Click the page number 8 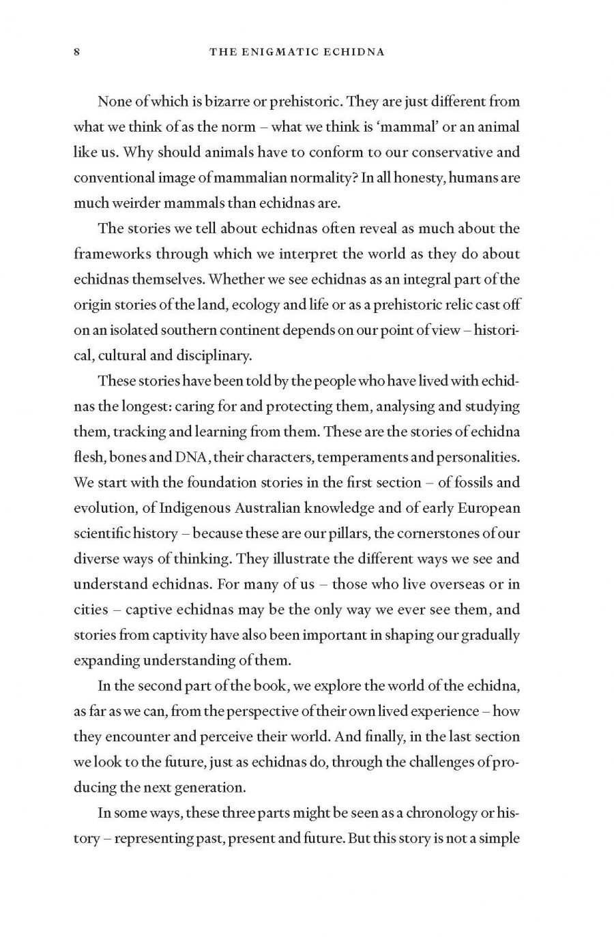click(x=77, y=52)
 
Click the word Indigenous click(x=194, y=508)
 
